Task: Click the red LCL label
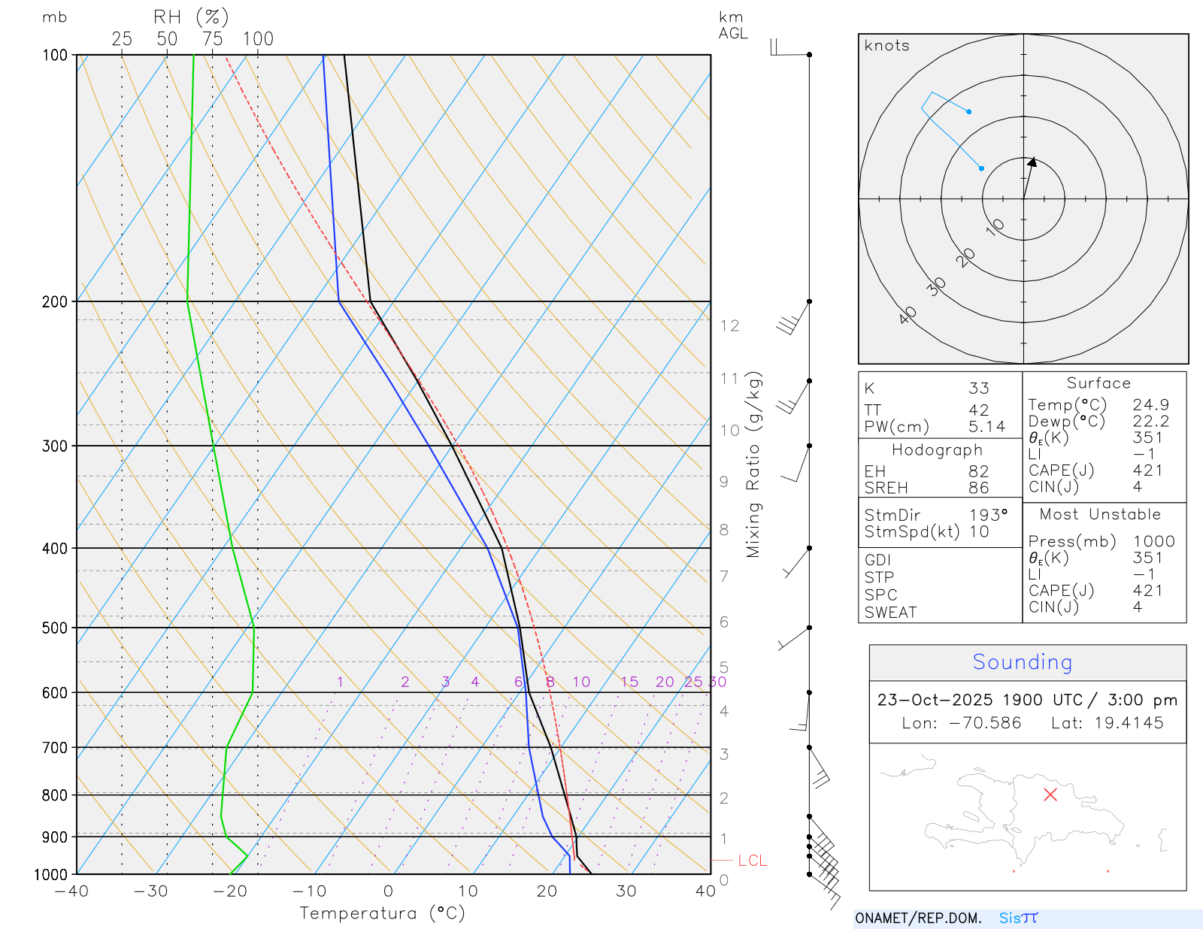click(752, 861)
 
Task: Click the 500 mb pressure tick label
click(55, 628)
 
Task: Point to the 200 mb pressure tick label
click(55, 301)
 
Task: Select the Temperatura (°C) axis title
click(382, 913)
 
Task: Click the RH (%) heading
click(191, 17)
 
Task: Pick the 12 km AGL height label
click(729, 325)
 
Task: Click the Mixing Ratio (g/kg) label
click(753, 464)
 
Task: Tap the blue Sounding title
click(1022, 662)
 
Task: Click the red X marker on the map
click(1050, 794)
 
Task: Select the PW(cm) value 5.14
click(986, 427)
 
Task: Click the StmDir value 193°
click(988, 515)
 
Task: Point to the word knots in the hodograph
click(887, 46)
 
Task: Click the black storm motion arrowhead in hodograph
click(1032, 162)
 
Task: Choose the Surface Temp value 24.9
click(1150, 405)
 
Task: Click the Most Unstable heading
click(1100, 515)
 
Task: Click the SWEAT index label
click(890, 613)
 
